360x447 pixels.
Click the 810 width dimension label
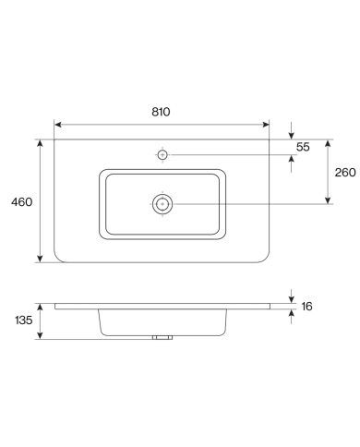click(161, 112)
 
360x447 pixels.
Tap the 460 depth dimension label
click(21, 202)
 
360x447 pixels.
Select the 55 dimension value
click(303, 147)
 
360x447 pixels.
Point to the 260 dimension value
click(345, 173)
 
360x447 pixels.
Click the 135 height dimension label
click(24, 320)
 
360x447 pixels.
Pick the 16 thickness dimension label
click(306, 307)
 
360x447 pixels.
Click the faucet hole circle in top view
click(162, 155)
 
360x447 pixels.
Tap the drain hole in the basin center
click(162, 204)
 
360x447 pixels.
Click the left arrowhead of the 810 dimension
click(58, 125)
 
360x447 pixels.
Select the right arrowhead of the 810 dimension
click(266, 125)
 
